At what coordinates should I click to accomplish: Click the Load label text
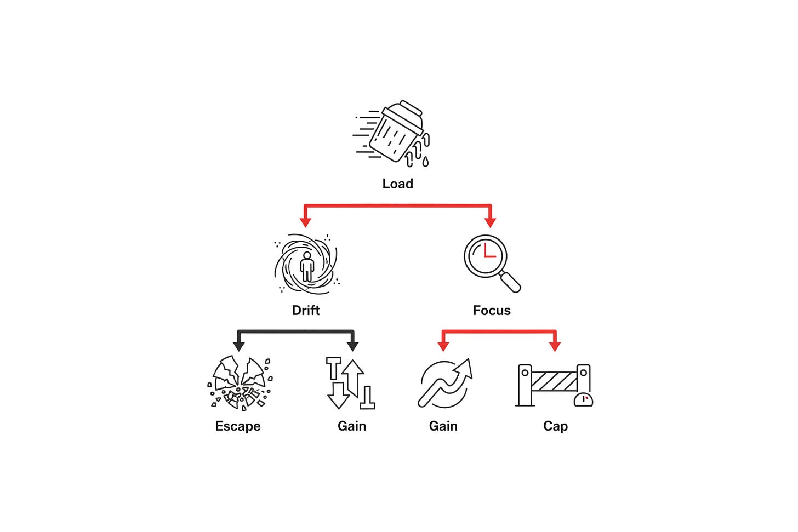(397, 184)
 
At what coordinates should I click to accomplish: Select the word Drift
(306, 310)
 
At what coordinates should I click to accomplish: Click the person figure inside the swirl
(307, 266)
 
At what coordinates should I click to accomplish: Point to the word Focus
(492, 310)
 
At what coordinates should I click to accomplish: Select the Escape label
(238, 426)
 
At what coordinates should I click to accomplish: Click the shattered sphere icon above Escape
(240, 383)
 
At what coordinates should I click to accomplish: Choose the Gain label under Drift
(352, 426)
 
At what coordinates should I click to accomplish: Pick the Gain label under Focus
(443, 426)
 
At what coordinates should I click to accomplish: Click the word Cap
(555, 426)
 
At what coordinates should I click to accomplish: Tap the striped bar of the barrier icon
(554, 381)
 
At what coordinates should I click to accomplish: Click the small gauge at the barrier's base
(583, 399)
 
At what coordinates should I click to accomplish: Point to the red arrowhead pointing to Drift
(305, 222)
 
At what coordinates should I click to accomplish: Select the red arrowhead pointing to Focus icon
(490, 222)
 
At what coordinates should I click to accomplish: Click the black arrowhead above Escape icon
(239, 346)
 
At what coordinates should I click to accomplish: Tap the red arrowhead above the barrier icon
(555, 346)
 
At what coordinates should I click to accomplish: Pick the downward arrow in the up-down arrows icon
(338, 395)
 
